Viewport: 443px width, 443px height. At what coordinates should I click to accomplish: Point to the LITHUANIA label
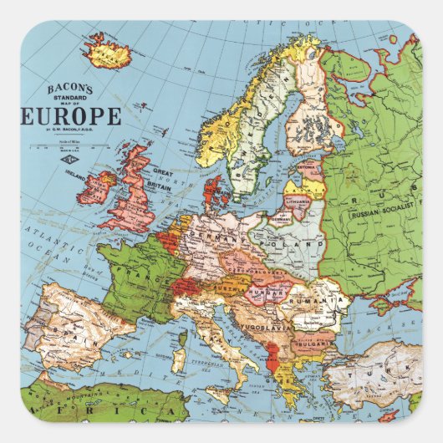[x=297, y=201]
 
